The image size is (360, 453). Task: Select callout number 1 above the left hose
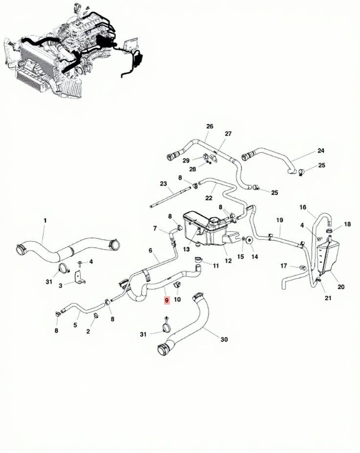tap(45, 221)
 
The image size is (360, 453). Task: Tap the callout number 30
tap(224, 339)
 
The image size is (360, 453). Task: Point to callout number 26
tap(210, 126)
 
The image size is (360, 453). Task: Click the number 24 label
tap(320, 150)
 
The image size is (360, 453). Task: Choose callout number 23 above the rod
tap(163, 184)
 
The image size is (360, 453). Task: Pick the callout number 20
tap(341, 287)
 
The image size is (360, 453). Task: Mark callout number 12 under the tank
tap(228, 261)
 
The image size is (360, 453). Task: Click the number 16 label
tap(303, 207)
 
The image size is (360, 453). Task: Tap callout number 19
tap(279, 220)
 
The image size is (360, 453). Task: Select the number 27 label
tap(228, 134)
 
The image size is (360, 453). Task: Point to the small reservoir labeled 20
tap(327, 256)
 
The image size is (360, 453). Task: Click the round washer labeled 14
tap(249, 240)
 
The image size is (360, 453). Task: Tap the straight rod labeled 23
tap(170, 197)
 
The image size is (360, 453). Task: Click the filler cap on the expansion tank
tap(215, 221)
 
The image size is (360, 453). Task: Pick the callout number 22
tap(209, 198)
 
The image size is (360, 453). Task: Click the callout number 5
tap(75, 325)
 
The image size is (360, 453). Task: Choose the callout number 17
tap(284, 266)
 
